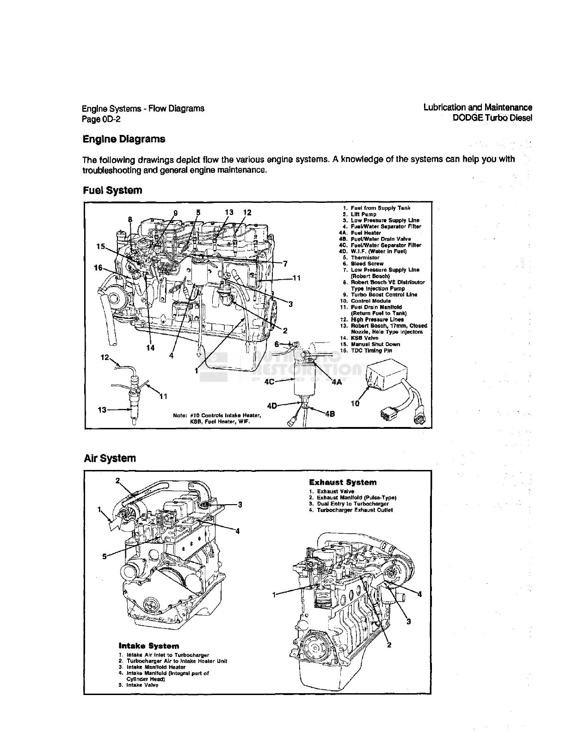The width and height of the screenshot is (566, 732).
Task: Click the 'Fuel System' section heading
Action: (112, 190)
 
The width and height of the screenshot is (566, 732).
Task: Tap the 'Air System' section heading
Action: (110, 458)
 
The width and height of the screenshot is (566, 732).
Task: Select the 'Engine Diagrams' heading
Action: (123, 139)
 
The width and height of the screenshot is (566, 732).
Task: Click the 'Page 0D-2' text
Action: (102, 119)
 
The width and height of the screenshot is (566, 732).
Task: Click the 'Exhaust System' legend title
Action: (343, 482)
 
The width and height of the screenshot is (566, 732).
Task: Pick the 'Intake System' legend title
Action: (149, 646)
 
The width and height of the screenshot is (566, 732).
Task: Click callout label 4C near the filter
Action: (270, 382)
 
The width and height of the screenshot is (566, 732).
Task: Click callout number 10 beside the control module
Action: (355, 403)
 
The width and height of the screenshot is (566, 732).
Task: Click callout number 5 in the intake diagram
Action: (105, 556)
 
